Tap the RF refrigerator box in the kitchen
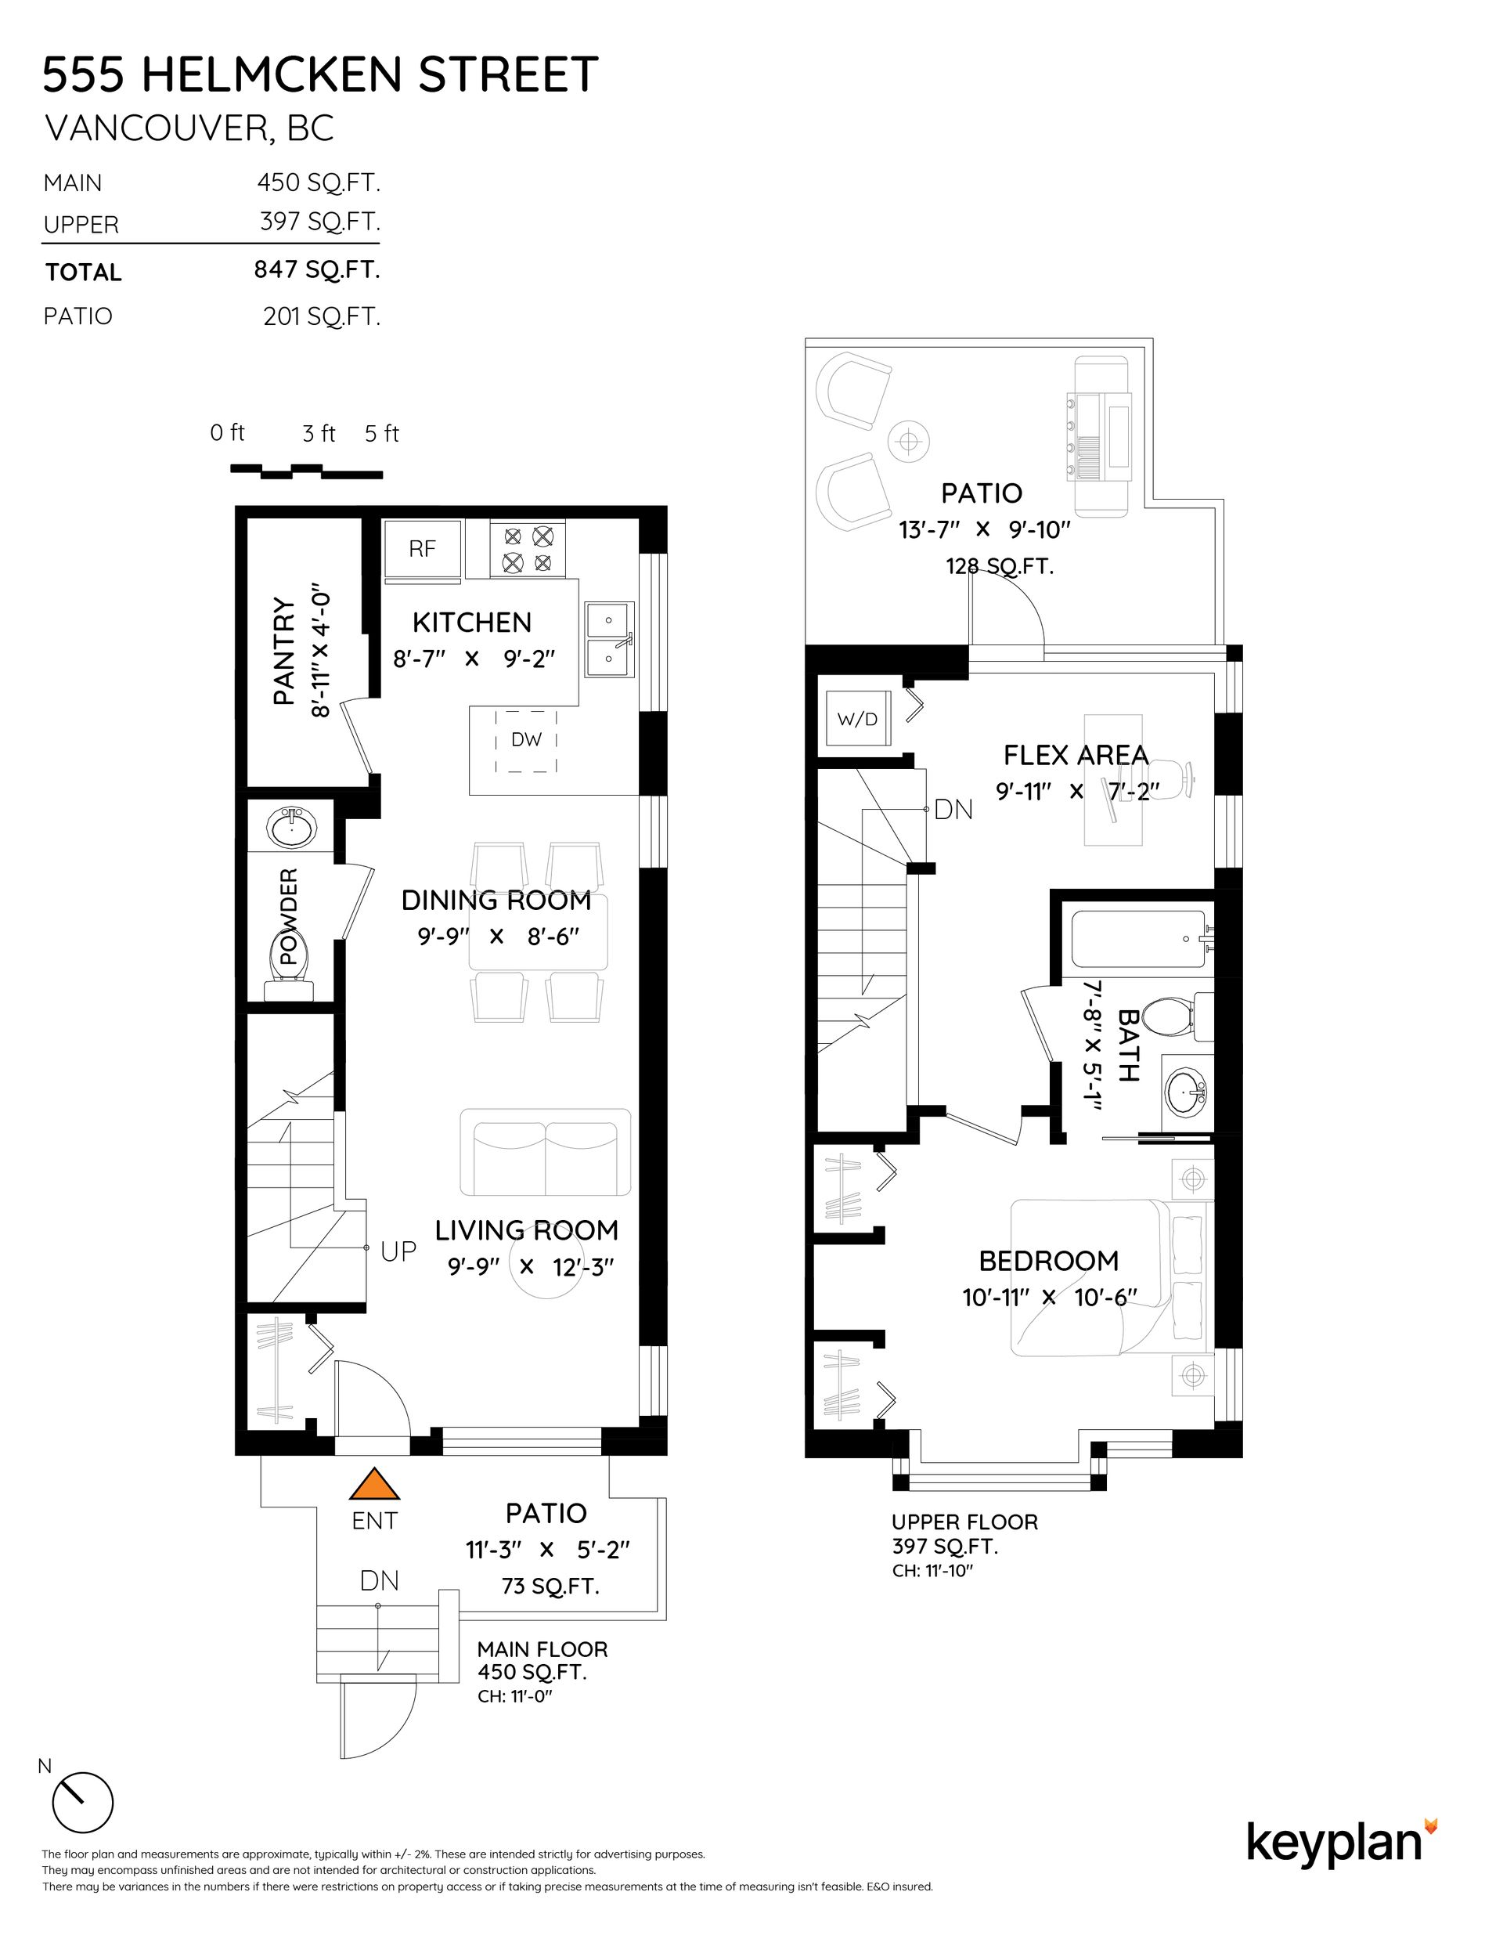click(x=422, y=549)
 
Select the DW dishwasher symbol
click(x=527, y=739)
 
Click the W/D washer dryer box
click(x=857, y=719)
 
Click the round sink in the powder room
click(x=290, y=828)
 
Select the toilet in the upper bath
click(x=1175, y=1016)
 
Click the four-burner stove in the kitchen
click(x=528, y=550)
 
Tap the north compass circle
click(x=83, y=1801)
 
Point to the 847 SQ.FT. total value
click(x=317, y=269)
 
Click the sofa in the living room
click(x=546, y=1152)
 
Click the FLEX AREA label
click(x=1076, y=756)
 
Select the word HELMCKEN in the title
click(x=273, y=75)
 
